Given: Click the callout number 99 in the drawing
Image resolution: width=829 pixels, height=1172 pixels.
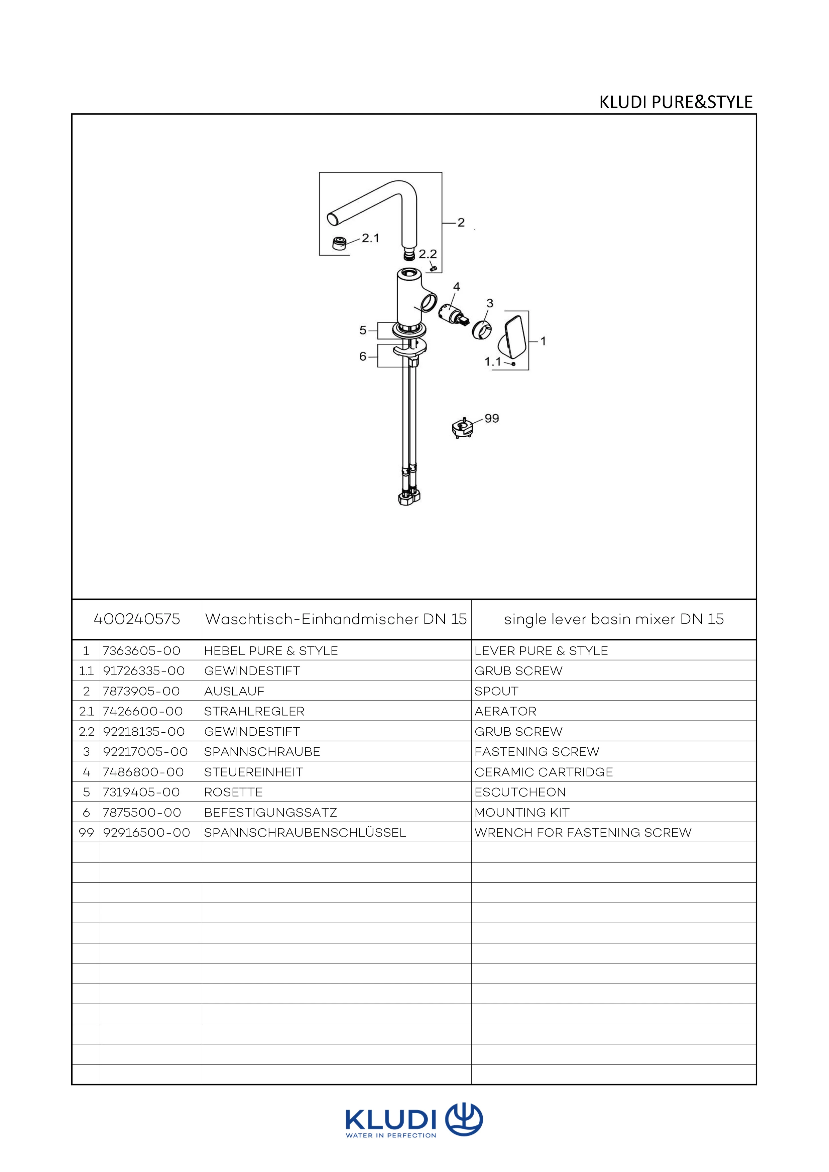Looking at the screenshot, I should [x=491, y=419].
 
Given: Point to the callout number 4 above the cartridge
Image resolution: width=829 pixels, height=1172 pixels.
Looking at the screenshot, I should [x=456, y=287].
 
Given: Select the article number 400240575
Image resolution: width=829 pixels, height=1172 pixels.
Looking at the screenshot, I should [x=137, y=619].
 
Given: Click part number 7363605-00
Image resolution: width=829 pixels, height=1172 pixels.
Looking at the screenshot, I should [x=141, y=651].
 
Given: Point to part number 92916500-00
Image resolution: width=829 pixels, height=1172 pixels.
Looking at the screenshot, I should [x=146, y=833].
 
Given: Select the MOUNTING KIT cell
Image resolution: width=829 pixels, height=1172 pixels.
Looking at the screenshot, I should [x=521, y=812].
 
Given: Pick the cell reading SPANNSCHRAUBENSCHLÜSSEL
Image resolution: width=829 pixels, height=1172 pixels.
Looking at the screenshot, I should [x=305, y=833].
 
